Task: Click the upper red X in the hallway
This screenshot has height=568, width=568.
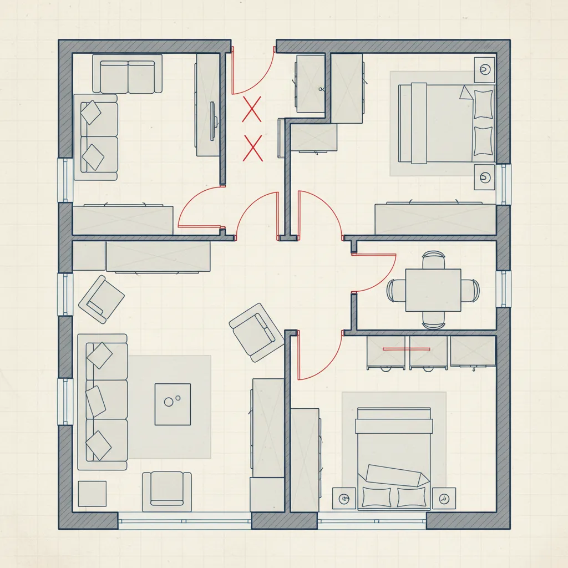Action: click(252, 108)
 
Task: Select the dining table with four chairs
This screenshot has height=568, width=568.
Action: click(433, 290)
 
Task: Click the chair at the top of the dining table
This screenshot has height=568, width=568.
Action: click(433, 259)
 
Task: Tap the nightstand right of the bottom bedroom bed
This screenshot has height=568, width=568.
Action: click(444, 498)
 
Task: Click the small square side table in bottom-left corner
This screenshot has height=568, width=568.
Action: click(92, 493)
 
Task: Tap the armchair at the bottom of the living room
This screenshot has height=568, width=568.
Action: click(167, 491)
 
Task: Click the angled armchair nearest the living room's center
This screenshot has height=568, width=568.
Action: click(255, 332)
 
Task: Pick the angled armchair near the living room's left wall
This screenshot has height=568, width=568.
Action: click(102, 298)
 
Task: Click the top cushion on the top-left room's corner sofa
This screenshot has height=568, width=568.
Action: click(91, 113)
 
